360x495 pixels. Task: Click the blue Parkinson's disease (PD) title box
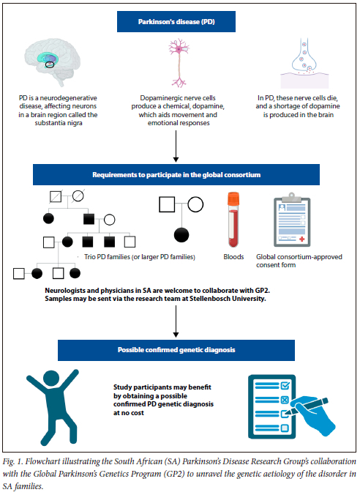176,21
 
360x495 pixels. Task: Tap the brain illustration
53,62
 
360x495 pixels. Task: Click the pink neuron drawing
179,62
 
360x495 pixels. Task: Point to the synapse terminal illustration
304,63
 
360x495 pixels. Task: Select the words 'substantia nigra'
59,123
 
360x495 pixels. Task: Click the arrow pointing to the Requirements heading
176,146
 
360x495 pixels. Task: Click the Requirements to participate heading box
176,174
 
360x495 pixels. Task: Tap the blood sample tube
233,220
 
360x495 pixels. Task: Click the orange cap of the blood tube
233,198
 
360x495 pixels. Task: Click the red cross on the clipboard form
302,239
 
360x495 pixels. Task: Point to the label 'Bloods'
234,257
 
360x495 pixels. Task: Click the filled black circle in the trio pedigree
181,235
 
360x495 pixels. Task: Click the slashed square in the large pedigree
56,197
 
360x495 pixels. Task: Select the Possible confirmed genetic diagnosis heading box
176,350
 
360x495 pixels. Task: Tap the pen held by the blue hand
307,406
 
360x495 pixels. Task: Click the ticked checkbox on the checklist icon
285,385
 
